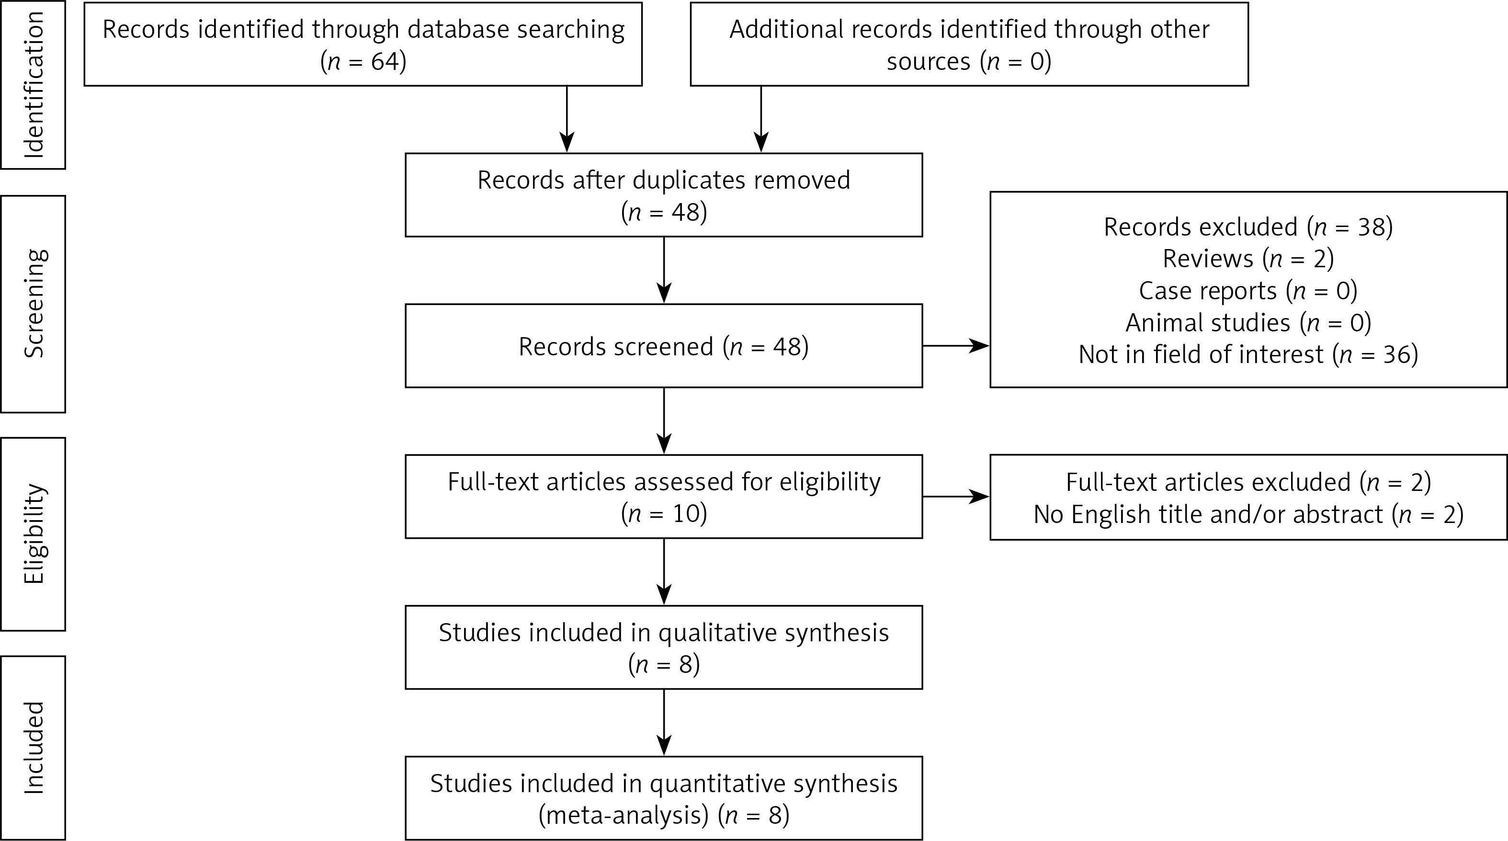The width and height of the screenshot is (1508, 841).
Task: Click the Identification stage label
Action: click(34, 84)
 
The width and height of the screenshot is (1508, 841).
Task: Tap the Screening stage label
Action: click(34, 303)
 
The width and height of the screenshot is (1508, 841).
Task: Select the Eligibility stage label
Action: click(34, 534)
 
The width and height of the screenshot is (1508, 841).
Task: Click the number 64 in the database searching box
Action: click(385, 61)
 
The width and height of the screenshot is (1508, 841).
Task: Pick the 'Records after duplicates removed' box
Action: click(663, 195)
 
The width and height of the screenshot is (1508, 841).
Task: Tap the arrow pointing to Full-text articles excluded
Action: click(955, 497)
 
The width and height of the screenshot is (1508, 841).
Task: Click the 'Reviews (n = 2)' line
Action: click(1248, 259)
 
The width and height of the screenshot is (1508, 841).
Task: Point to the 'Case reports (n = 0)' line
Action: click(1248, 291)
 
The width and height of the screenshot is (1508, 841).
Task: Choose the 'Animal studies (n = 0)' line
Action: click(1248, 323)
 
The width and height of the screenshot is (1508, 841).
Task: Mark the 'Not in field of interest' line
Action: click(1248, 354)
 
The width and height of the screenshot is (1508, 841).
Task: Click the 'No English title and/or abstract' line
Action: click(1248, 514)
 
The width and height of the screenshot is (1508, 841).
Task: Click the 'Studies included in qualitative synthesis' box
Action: click(663, 647)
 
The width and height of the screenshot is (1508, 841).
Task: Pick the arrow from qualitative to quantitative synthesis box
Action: click(664, 722)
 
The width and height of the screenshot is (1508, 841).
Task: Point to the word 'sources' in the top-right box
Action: click(928, 61)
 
